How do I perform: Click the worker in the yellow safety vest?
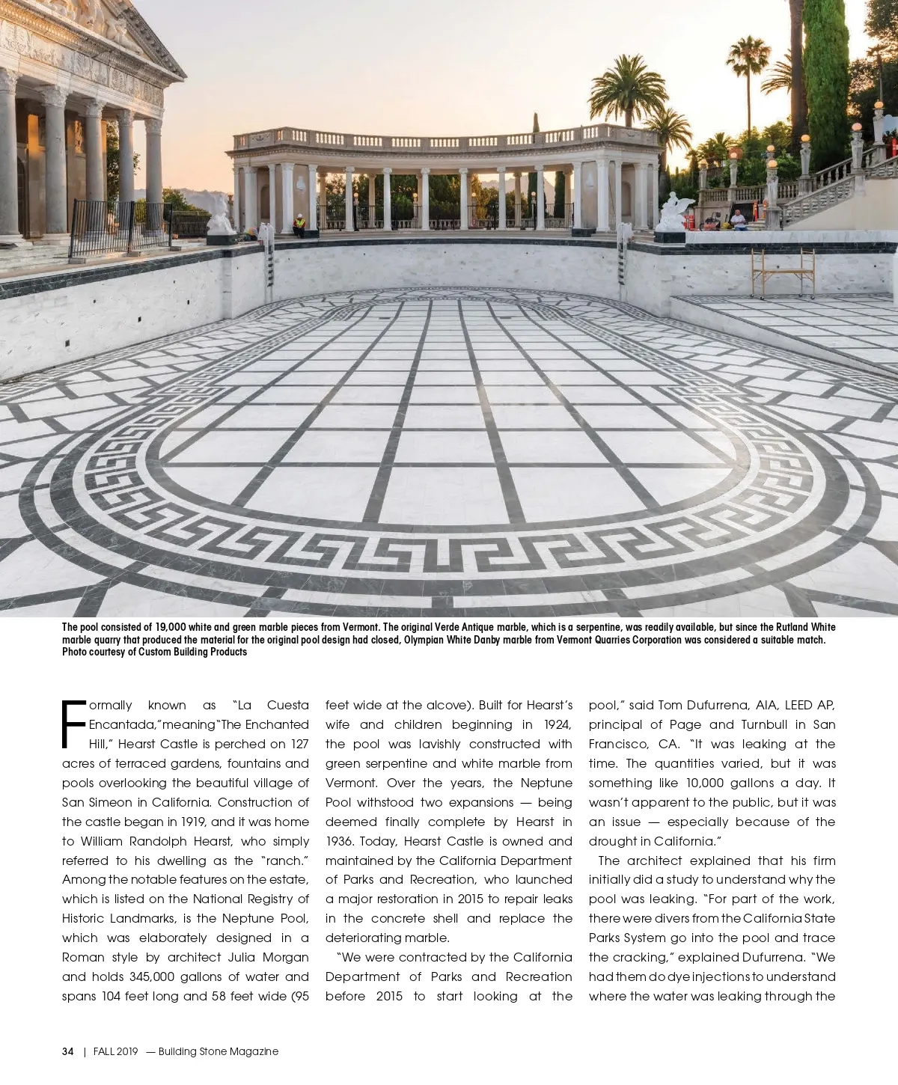[299, 224]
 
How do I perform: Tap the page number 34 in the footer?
[68, 1051]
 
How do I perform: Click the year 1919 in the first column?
[176, 822]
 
